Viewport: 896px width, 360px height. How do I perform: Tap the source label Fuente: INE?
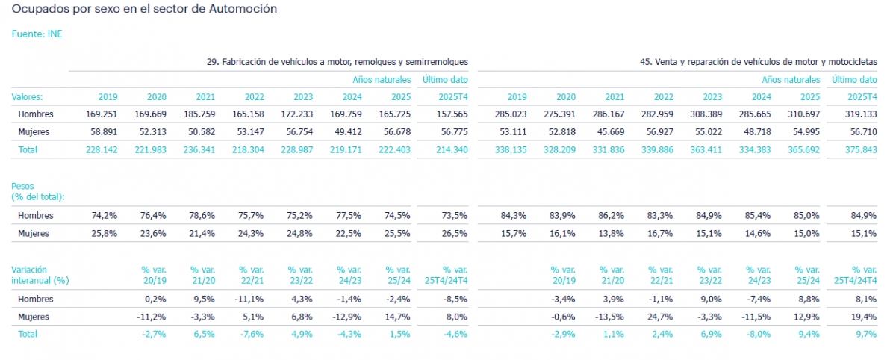point(37,34)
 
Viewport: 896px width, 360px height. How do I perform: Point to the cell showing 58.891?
point(103,131)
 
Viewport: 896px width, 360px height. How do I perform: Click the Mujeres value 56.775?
point(452,131)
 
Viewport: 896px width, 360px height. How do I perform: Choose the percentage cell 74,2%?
point(105,216)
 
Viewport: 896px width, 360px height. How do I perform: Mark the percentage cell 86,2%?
point(612,216)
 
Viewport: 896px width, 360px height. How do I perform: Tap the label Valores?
point(28,96)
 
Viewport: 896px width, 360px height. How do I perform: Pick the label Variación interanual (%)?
point(40,275)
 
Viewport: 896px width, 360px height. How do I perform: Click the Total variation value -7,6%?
point(252,334)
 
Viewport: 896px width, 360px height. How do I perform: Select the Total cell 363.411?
point(708,149)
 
